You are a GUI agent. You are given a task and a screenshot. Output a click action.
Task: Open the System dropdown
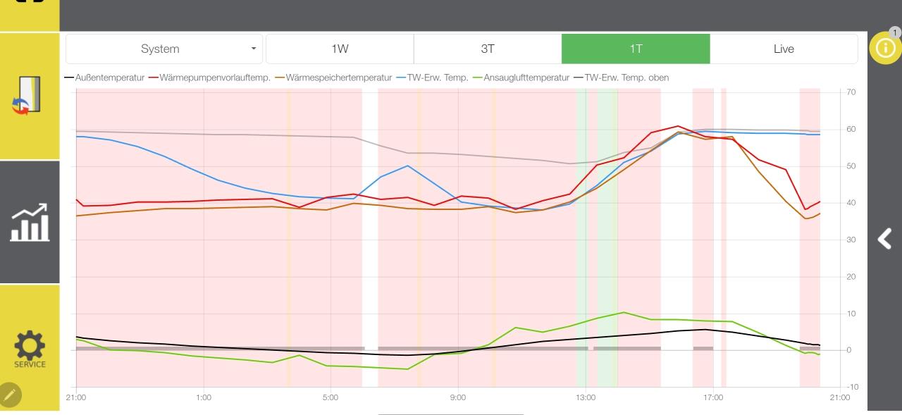(164, 49)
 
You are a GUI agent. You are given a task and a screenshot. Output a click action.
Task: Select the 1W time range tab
(340, 49)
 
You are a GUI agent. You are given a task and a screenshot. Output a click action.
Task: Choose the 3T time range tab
(488, 49)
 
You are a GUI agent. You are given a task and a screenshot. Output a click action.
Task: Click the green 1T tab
(636, 49)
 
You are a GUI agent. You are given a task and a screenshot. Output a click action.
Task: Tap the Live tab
(784, 49)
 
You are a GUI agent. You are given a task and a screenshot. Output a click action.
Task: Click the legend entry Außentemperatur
(109, 78)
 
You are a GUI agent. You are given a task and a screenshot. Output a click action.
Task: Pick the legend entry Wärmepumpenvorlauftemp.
(215, 78)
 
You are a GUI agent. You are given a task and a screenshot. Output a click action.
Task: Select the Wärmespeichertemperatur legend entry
(338, 78)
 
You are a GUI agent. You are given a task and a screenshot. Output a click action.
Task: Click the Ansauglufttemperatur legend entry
(526, 78)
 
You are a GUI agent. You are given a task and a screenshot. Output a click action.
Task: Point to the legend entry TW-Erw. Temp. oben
(626, 78)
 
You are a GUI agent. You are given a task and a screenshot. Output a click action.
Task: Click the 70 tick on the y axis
(851, 92)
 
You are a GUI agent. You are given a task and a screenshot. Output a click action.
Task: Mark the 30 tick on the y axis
(851, 240)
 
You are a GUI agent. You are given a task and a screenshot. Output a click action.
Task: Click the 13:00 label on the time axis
(585, 397)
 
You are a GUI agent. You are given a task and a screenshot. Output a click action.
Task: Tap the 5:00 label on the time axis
(330, 397)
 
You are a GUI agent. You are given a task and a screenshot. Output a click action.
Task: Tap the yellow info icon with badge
(885, 48)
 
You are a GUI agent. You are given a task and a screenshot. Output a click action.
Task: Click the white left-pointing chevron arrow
(884, 239)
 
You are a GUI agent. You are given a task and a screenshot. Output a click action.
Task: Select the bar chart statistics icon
(30, 222)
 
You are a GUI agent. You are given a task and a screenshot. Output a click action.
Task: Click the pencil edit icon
(10, 395)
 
